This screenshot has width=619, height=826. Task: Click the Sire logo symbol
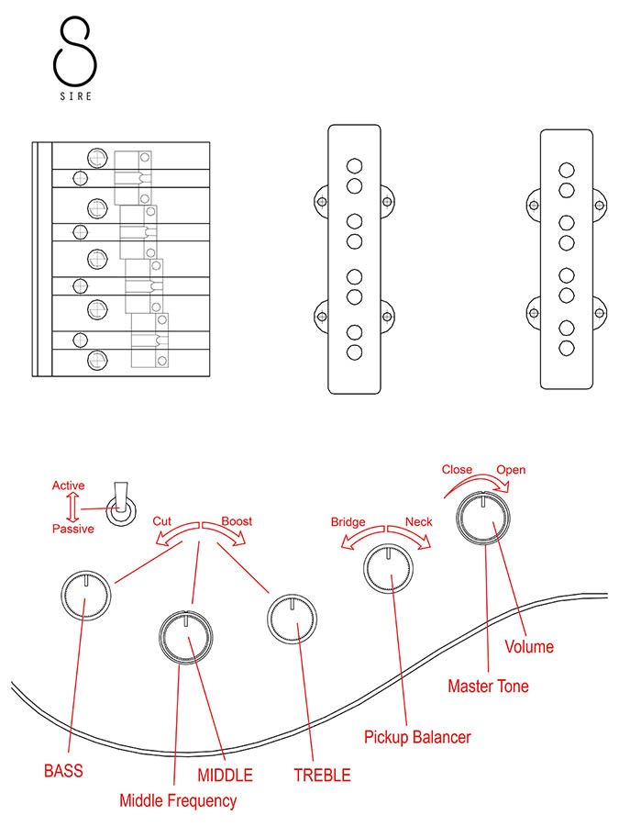[74, 50]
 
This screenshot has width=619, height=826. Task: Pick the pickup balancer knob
[390, 571]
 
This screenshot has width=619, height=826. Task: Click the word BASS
[63, 771]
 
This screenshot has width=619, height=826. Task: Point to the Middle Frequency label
[178, 800]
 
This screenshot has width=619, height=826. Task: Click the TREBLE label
[322, 775]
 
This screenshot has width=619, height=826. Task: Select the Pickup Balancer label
[417, 737]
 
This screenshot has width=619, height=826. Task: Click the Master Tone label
[488, 686]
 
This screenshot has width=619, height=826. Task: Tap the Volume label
[529, 647]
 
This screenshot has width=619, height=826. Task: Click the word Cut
[161, 521]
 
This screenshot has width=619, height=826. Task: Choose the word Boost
[237, 521]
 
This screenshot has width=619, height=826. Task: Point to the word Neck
[418, 521]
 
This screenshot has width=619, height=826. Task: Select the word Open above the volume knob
[511, 470]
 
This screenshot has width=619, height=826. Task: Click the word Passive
[72, 530]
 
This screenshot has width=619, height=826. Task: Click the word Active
[69, 486]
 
